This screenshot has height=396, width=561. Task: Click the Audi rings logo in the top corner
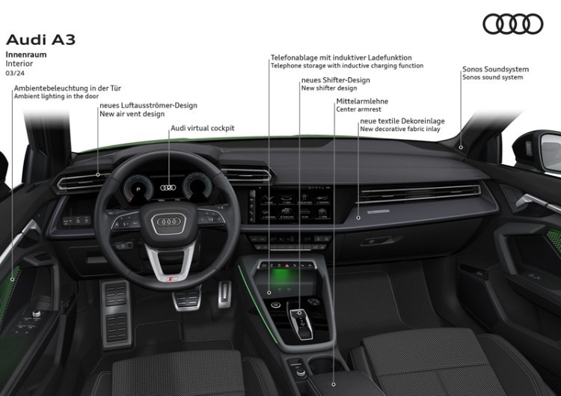pyautogui.click(x=512, y=24)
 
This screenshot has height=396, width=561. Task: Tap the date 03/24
pyautogui.click(x=14, y=73)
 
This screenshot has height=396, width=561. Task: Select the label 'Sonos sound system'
pyautogui.click(x=492, y=77)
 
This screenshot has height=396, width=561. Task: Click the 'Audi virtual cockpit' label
pyautogui.click(x=202, y=128)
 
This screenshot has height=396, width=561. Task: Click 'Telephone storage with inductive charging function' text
pyautogui.click(x=346, y=66)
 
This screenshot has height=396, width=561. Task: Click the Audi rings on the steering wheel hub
pyautogui.click(x=168, y=222)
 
